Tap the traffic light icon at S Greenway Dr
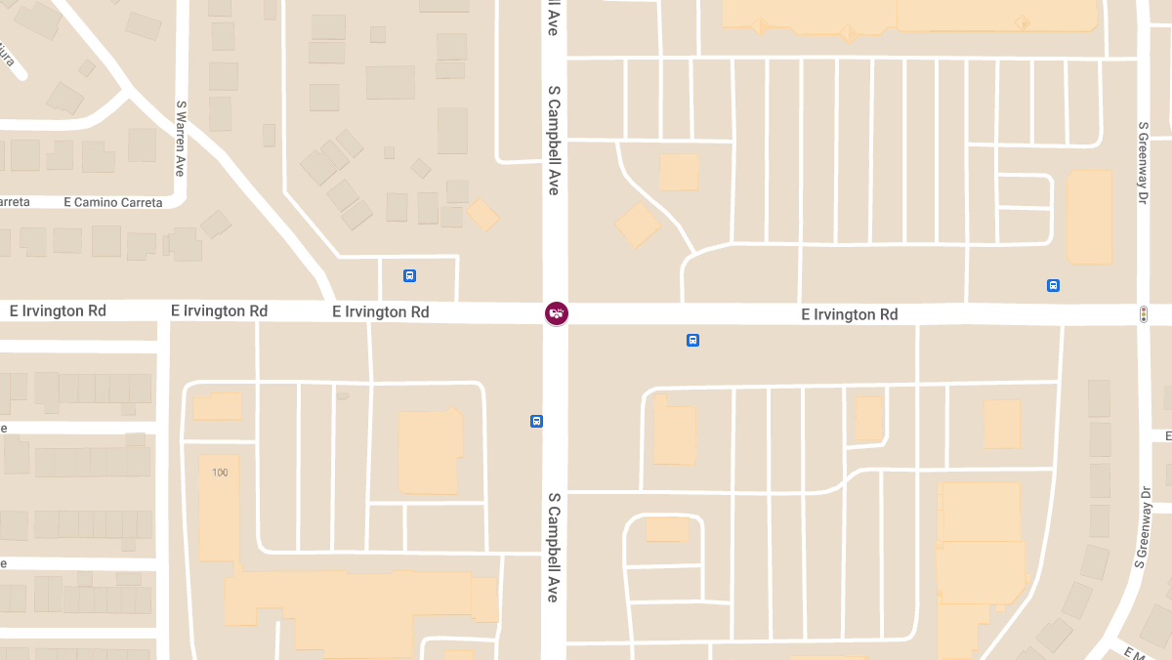pos(1143,314)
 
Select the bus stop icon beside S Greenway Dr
pos(1053,285)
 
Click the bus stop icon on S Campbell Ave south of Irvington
pos(536,421)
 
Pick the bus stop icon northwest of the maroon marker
pos(409,275)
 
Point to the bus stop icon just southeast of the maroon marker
pos(692,340)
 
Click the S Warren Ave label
pos(181,137)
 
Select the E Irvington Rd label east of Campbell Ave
pos(849,314)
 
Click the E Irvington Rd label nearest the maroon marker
pos(380,311)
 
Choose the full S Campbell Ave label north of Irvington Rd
pos(553,141)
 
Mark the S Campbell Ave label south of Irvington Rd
pos(553,547)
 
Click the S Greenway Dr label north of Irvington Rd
pos(1143,163)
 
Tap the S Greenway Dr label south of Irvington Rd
pos(1140,528)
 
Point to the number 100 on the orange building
pos(220,473)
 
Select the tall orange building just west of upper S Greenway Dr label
pos(1089,217)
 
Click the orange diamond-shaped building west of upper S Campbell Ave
pos(482,215)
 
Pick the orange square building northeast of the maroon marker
pos(679,172)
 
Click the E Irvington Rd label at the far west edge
pos(58,310)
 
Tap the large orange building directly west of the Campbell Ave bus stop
pos(430,452)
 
